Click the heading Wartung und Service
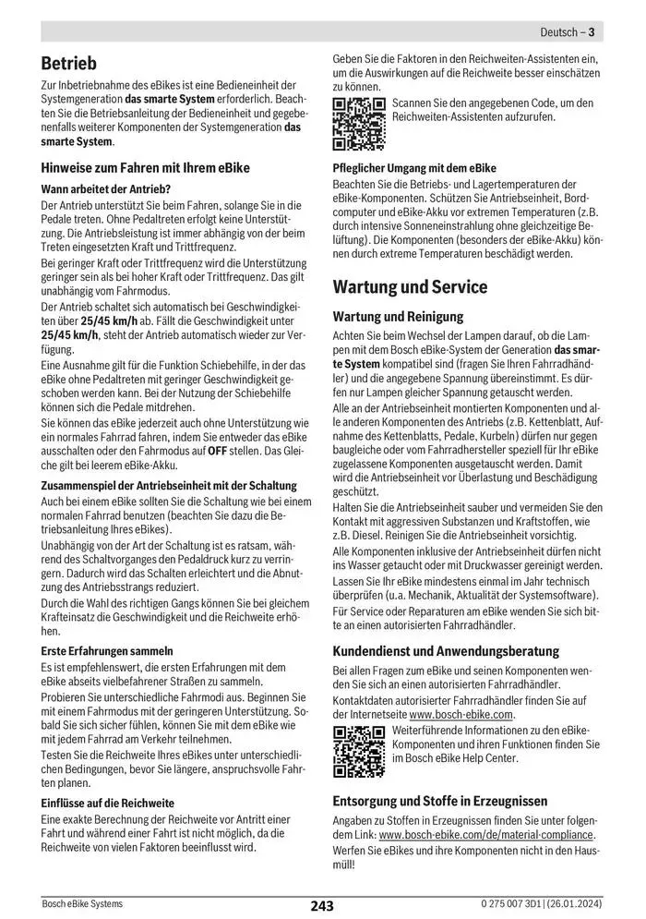(x=410, y=286)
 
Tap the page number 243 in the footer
(x=322, y=906)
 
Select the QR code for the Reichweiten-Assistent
(x=358, y=123)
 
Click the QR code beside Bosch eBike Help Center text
(x=358, y=752)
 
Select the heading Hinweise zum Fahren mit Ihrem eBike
(x=146, y=168)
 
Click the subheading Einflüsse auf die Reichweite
(x=107, y=804)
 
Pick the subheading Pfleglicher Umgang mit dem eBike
(x=414, y=169)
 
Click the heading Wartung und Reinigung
(x=398, y=316)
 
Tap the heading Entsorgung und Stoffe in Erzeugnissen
(x=440, y=801)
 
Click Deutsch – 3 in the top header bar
(x=566, y=32)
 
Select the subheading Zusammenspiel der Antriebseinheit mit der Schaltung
(x=169, y=485)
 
